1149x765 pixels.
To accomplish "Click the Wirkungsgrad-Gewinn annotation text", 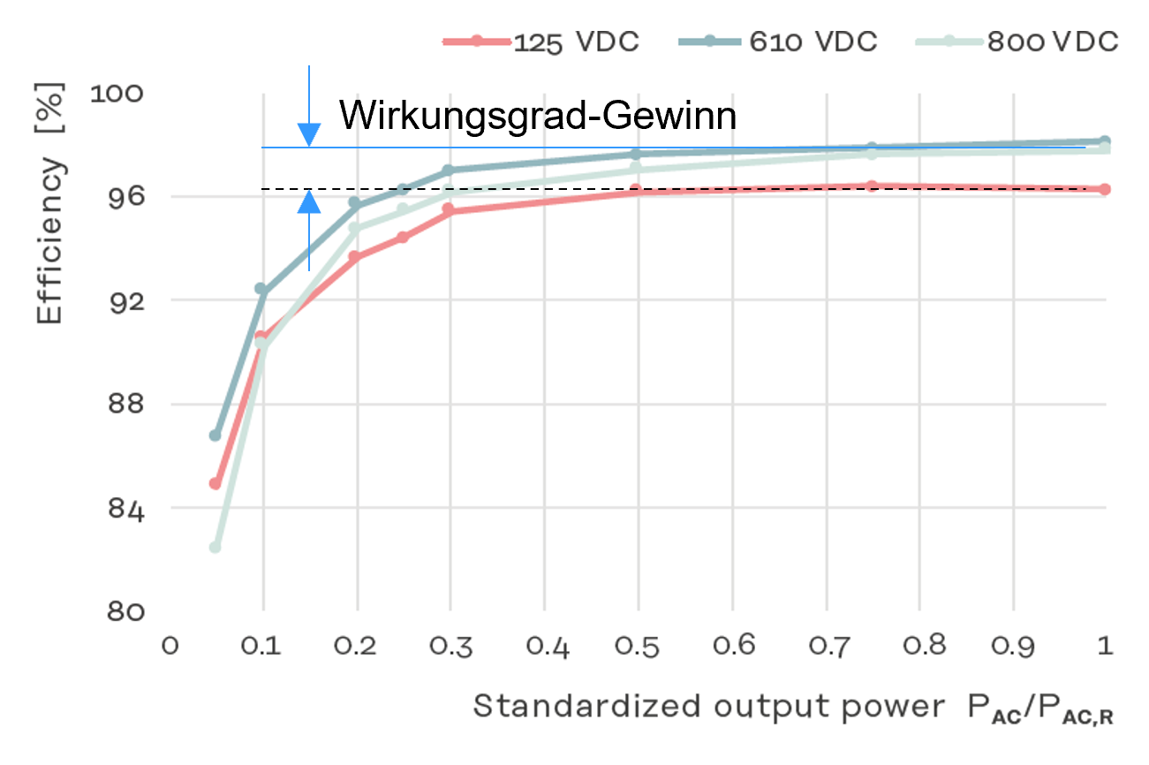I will point(538,116).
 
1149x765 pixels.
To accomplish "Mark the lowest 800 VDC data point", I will point(215,548).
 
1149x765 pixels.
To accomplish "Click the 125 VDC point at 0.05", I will point(215,483).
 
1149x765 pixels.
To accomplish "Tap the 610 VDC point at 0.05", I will point(215,436).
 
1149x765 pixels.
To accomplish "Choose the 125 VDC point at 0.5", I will point(636,190).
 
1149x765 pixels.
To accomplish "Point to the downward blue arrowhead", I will point(308,135).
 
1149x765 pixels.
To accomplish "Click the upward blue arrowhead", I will point(308,201).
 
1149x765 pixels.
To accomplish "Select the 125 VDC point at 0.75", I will point(872,186).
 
